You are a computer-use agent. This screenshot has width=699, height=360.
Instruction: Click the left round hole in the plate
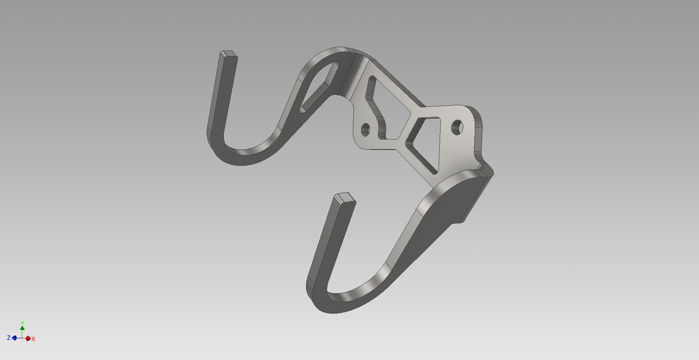(365, 129)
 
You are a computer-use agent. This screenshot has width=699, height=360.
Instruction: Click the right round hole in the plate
(457, 127)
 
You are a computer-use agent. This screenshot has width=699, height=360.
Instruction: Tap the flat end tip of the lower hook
(345, 198)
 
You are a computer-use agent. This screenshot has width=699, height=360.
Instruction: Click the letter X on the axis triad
(33, 339)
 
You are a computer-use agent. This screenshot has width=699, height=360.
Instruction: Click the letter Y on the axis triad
(23, 323)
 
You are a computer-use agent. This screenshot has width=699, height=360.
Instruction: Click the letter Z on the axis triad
(8, 338)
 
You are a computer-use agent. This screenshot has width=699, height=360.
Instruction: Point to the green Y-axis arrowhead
(23, 328)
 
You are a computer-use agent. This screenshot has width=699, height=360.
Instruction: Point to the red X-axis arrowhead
(28, 338)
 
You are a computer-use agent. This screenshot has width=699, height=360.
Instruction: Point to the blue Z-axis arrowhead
(15, 338)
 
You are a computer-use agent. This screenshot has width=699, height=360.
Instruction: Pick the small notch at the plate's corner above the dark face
(481, 167)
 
